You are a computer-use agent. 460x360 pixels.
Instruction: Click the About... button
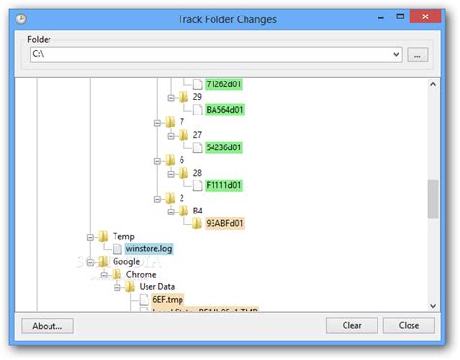coord(48,326)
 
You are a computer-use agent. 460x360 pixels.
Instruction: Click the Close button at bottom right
coord(409,326)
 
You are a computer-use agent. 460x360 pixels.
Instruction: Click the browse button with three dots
coord(418,55)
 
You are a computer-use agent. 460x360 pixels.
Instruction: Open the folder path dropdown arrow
coord(396,55)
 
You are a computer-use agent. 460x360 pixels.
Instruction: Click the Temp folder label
coord(123,236)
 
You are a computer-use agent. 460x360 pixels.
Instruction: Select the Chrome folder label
coord(142,274)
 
